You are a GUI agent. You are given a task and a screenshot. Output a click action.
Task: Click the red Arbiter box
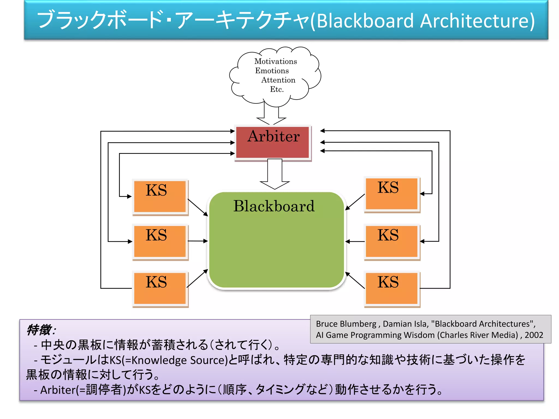click(x=273, y=142)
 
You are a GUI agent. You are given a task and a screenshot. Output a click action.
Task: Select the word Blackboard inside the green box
click(x=274, y=206)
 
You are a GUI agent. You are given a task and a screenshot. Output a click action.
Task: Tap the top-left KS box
click(x=160, y=196)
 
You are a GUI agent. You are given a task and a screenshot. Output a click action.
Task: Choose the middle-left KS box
click(x=160, y=241)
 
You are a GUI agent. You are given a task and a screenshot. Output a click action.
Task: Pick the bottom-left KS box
click(x=160, y=288)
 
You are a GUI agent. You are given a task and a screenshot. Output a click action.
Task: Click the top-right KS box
click(x=392, y=194)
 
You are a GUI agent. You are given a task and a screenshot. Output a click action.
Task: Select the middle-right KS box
click(x=392, y=241)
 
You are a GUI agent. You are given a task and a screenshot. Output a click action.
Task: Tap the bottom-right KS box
click(x=392, y=288)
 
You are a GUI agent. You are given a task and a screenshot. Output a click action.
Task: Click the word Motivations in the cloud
click(x=275, y=61)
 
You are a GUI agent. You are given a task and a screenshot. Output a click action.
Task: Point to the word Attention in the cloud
click(x=278, y=80)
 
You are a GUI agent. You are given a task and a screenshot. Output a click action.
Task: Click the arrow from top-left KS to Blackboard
click(x=198, y=208)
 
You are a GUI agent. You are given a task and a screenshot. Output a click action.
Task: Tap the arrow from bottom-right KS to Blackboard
click(x=355, y=280)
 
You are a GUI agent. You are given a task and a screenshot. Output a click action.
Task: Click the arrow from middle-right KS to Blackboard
click(x=355, y=241)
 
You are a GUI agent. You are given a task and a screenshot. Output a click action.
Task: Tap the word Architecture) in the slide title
click(x=477, y=21)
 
